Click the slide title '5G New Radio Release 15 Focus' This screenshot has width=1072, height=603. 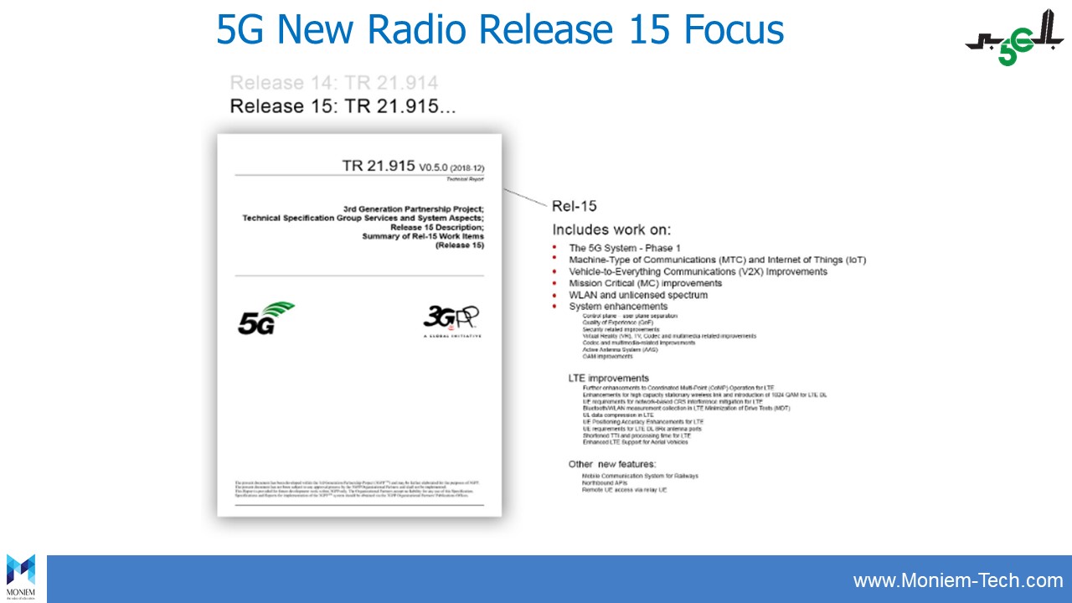pyautogui.click(x=500, y=30)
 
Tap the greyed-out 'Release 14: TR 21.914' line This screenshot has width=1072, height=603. pyautogui.click(x=333, y=83)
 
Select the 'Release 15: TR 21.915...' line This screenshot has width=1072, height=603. pyautogui.click(x=343, y=106)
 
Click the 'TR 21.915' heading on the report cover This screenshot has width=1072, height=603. pyautogui.click(x=379, y=166)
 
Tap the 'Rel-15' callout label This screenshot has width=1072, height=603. pyautogui.click(x=574, y=206)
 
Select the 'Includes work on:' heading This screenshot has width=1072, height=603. pyautogui.click(x=611, y=229)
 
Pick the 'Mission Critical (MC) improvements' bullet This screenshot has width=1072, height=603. pyautogui.click(x=645, y=283)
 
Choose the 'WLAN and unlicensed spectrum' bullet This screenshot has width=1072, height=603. pyautogui.click(x=638, y=295)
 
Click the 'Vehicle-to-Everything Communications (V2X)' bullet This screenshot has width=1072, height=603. pyautogui.click(x=698, y=271)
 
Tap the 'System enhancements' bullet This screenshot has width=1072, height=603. pyautogui.click(x=618, y=307)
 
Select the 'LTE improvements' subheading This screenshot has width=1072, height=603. pyautogui.click(x=608, y=379)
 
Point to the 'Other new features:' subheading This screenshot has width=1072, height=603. pyautogui.click(x=612, y=464)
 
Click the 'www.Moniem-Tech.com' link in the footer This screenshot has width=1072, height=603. pyautogui.click(x=958, y=580)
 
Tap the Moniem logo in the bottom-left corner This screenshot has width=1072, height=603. pyautogui.click(x=21, y=576)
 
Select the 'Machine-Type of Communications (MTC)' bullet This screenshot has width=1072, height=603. pyautogui.click(x=717, y=260)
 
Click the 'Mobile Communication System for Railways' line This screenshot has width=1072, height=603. pyautogui.click(x=640, y=476)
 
